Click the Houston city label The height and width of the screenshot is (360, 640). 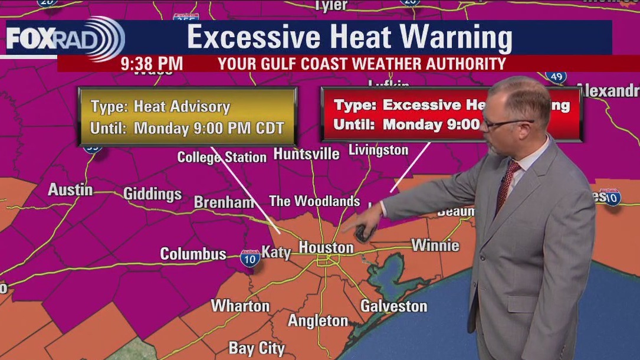tap(326, 248)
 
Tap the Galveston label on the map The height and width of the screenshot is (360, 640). tap(393, 306)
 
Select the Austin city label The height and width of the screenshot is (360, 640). tap(70, 190)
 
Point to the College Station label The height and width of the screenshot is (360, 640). tap(222, 158)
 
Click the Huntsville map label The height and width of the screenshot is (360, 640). tap(306, 155)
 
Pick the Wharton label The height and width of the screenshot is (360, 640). tap(240, 306)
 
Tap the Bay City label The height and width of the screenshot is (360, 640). tap(256, 348)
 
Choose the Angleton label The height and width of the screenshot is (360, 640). tap(318, 321)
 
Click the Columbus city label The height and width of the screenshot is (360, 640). tap(193, 254)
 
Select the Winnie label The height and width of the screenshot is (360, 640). tap(435, 245)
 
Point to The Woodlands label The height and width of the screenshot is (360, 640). tap(314, 201)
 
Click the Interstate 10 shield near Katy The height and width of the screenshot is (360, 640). tap(250, 258)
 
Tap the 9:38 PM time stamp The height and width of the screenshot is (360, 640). tap(152, 64)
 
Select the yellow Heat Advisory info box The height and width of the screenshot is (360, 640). tap(187, 117)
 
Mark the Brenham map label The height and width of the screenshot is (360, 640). tap(224, 202)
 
